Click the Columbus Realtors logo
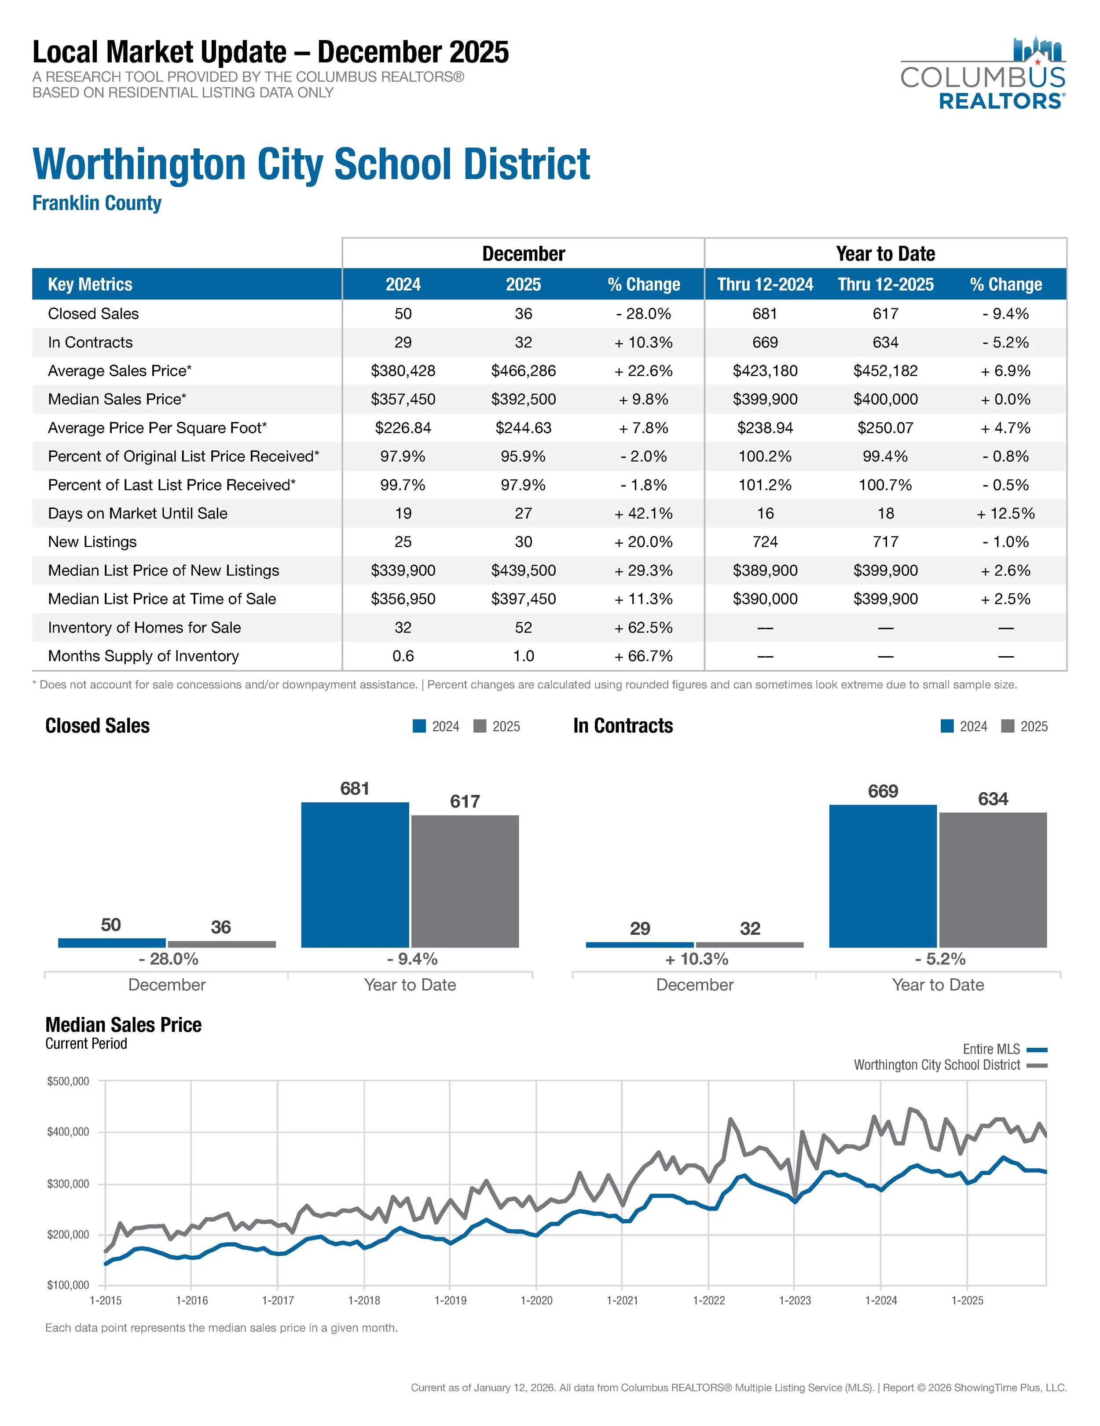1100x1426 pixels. (x=983, y=73)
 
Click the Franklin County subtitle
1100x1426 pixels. (x=97, y=203)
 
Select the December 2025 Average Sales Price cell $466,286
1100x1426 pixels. (x=523, y=371)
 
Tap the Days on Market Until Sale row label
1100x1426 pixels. (x=137, y=513)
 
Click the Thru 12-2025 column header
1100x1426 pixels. (x=885, y=284)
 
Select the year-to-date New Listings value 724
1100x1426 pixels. (x=765, y=542)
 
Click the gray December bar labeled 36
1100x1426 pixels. (x=221, y=943)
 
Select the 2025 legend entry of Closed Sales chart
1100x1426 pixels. (x=497, y=726)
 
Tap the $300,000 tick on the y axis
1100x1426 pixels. (x=68, y=1184)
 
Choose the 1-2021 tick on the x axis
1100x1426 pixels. (x=622, y=1300)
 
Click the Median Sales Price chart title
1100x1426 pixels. (x=124, y=1024)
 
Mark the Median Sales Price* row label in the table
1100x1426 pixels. (x=117, y=399)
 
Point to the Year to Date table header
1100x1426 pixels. (x=885, y=253)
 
